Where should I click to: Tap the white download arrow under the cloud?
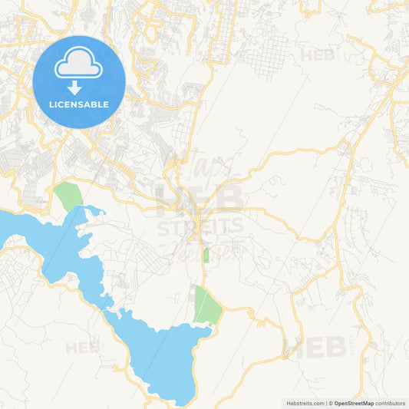pyautogui.click(x=74, y=87)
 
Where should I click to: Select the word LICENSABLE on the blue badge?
pyautogui.click(x=78, y=104)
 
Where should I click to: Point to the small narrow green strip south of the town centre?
pyautogui.click(x=206, y=256)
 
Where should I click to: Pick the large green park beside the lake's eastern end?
pyautogui.click(x=206, y=306)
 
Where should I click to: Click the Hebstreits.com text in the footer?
pyautogui.click(x=304, y=403)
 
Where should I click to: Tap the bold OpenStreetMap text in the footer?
pyautogui.click(x=354, y=403)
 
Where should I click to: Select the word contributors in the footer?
pyautogui.click(x=390, y=403)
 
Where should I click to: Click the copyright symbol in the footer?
pyautogui.click(x=329, y=403)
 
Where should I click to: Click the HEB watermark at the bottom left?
pyautogui.click(x=83, y=348)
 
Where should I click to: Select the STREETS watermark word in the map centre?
pyautogui.click(x=201, y=226)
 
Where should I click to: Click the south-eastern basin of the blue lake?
pyautogui.click(x=165, y=353)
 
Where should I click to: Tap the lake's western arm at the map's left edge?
pyautogui.click(x=19, y=229)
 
